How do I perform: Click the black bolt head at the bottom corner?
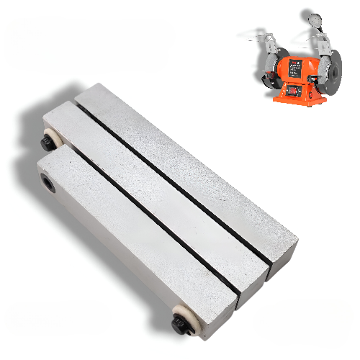179,325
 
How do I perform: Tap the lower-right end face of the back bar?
282,253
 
